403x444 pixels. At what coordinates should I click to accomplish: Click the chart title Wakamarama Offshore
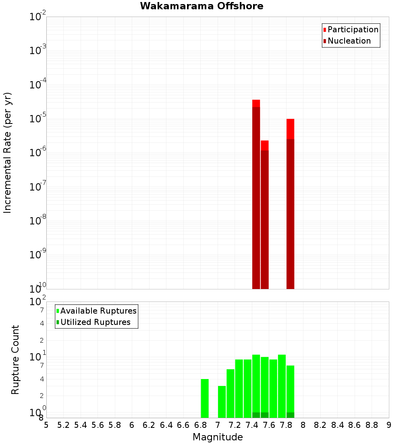(201, 6)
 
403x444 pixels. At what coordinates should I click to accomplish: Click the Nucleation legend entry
(349, 41)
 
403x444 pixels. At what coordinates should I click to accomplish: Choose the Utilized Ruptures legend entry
(95, 322)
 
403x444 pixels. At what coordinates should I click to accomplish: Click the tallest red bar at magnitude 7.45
(256, 194)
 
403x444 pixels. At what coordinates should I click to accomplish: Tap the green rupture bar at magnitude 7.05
(222, 402)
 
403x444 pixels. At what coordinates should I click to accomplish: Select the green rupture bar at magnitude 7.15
(231, 394)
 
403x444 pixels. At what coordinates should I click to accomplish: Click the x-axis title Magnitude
(218, 437)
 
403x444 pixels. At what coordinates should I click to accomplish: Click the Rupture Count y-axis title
(15, 360)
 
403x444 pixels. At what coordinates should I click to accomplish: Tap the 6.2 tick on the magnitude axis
(149, 425)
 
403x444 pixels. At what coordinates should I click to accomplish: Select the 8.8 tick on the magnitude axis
(372, 425)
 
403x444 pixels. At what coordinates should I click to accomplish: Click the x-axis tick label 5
(46, 425)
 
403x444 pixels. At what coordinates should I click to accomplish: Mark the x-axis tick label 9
(388, 425)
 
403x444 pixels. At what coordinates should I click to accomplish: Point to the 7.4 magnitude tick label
(252, 425)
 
